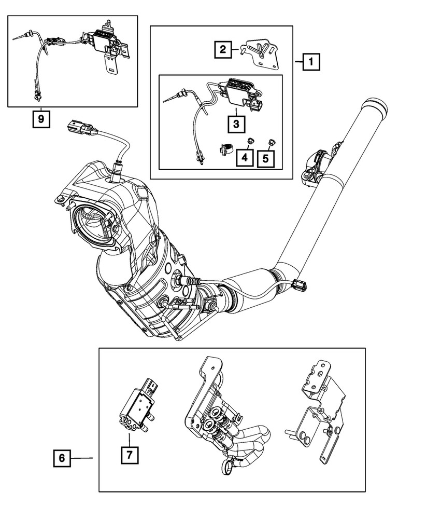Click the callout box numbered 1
(311, 63)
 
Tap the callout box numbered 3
(235, 124)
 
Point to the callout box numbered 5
(266, 156)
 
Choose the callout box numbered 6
(61, 458)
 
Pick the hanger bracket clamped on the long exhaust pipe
(315, 166)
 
